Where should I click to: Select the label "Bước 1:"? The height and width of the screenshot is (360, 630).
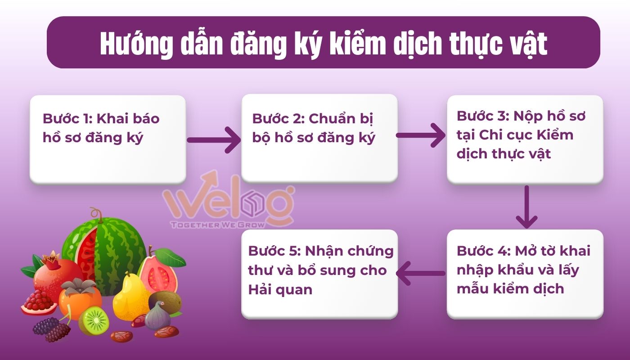click(67, 119)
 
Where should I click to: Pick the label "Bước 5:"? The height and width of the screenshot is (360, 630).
click(273, 251)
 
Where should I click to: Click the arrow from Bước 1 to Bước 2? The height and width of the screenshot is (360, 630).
click(214, 139)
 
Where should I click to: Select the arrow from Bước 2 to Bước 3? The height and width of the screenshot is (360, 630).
click(421, 135)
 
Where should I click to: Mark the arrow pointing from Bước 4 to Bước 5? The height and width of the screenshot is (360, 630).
click(421, 273)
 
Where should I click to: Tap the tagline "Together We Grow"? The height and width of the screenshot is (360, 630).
click(218, 224)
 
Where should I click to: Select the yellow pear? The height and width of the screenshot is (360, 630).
click(128, 297)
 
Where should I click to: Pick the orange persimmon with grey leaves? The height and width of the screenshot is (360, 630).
click(80, 297)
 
